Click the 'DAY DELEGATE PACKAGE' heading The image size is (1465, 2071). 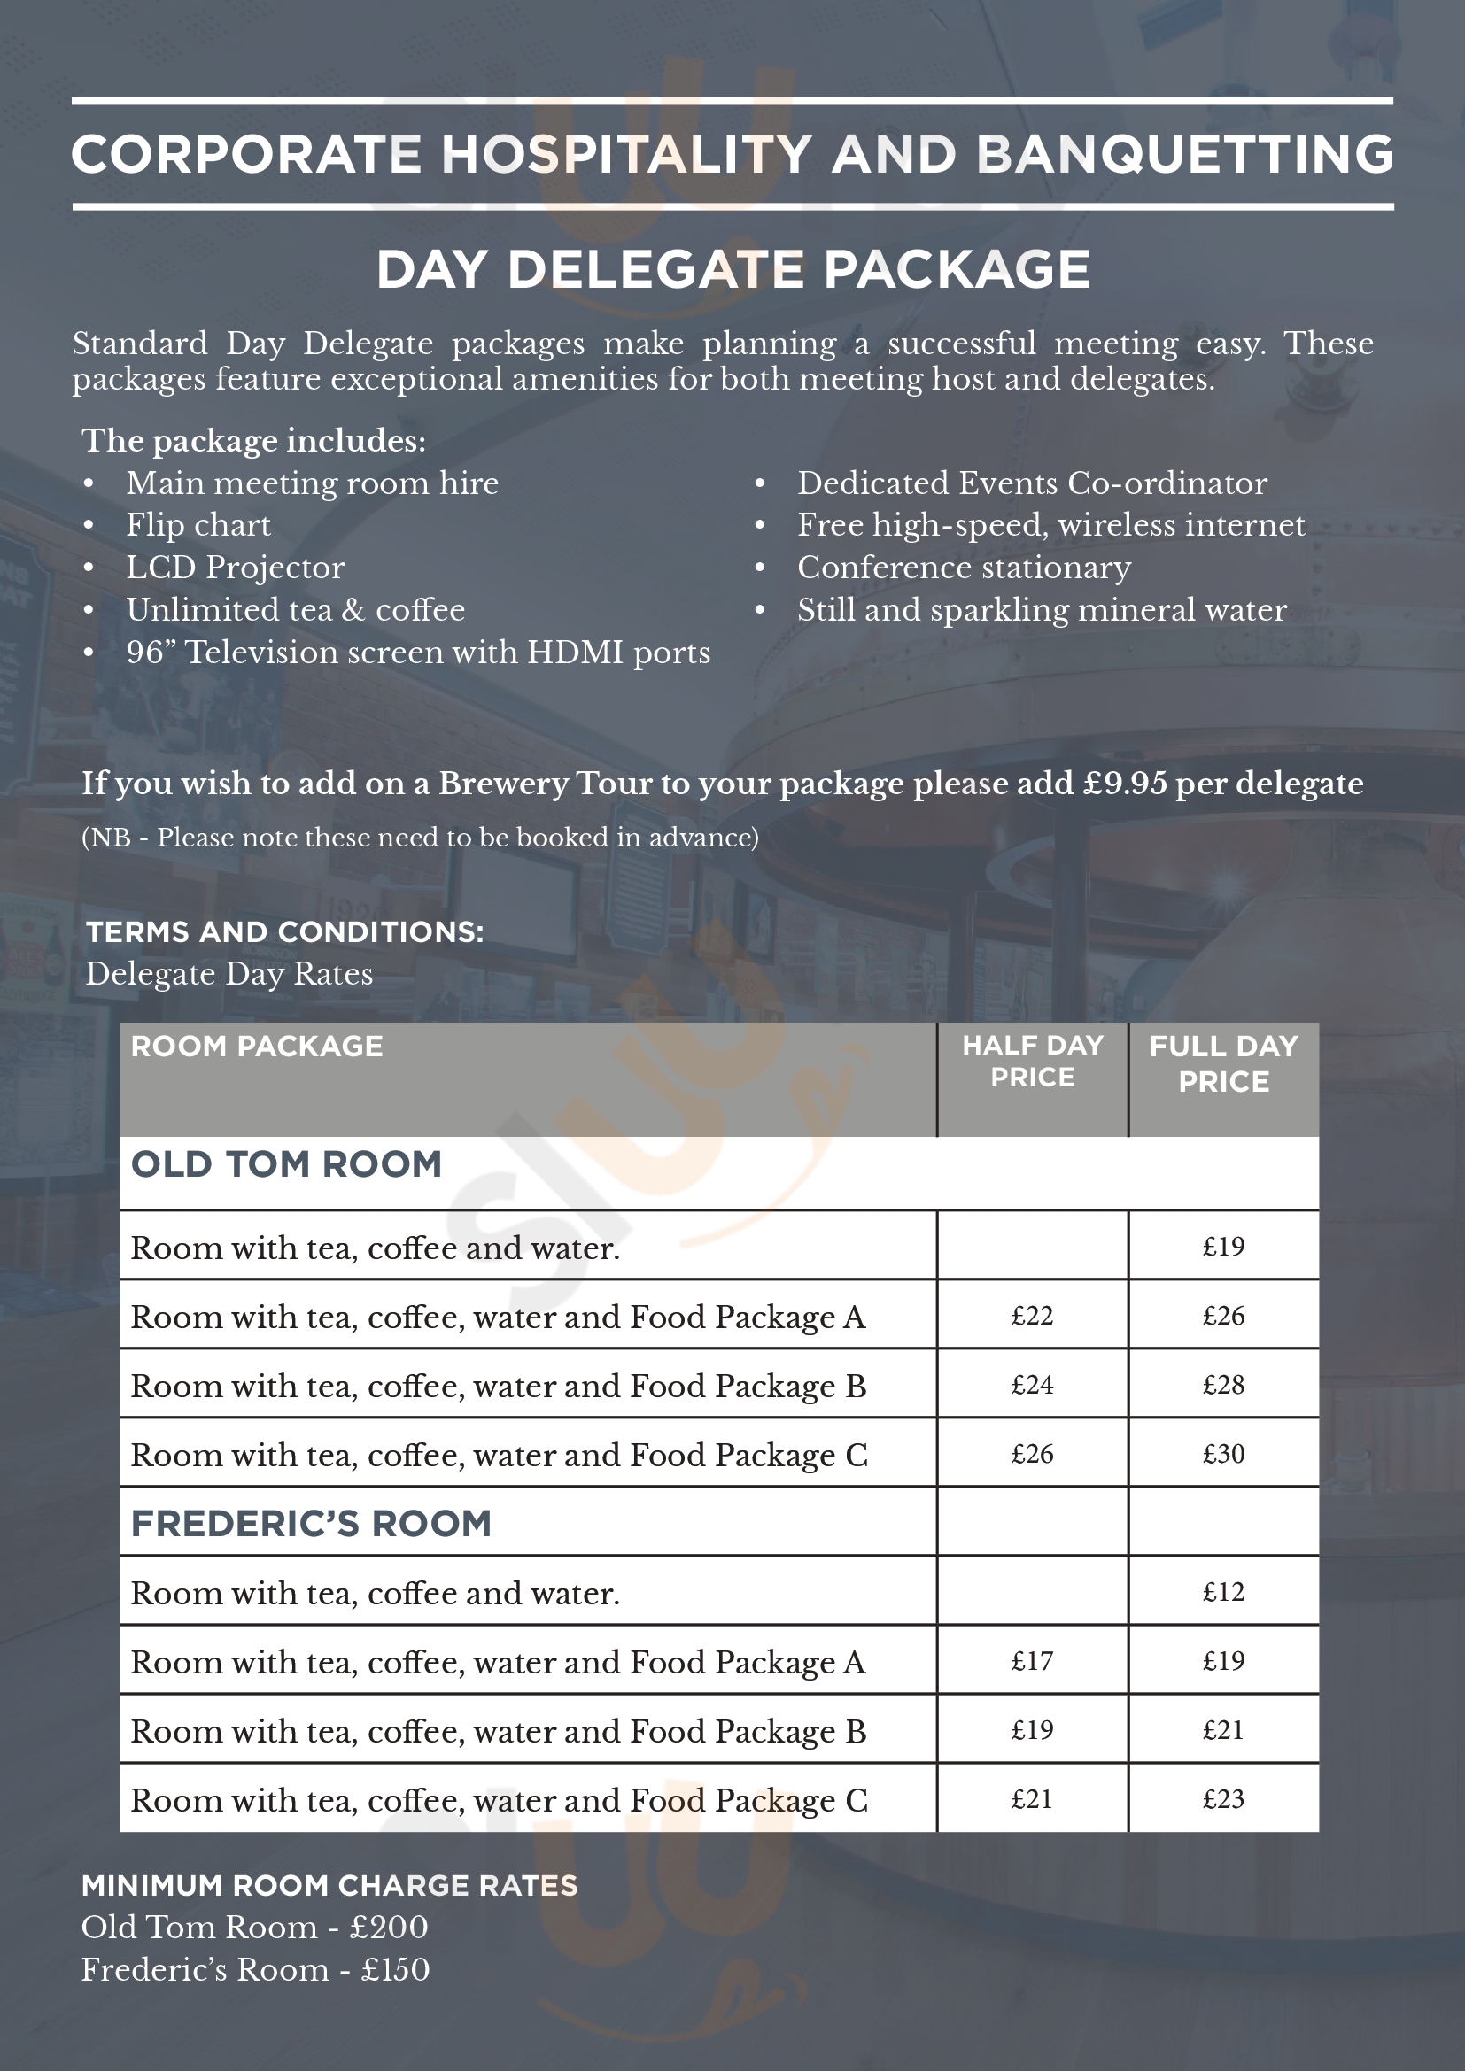coord(732,270)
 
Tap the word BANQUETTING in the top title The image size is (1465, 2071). coord(1184,154)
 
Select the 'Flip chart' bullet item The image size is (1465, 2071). coord(198,525)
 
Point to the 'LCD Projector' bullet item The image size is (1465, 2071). coord(235,568)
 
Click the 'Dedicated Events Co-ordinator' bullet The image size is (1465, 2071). coord(1031,483)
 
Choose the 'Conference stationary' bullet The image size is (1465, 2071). coord(964,568)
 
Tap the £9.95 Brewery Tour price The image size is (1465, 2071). coord(1125,783)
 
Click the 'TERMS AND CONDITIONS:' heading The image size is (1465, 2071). coord(284,931)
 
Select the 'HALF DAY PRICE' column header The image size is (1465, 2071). coord(1032,1061)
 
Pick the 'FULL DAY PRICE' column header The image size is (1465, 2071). coord(1223,1063)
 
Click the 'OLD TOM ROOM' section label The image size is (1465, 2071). coord(286,1163)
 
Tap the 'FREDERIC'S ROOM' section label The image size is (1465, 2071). coord(311,1524)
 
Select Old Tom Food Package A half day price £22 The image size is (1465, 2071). coord(1032,1316)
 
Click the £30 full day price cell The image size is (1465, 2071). coord(1223,1454)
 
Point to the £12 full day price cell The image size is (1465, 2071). coord(1223,1592)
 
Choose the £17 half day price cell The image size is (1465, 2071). coord(1032,1661)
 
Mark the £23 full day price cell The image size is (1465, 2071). coord(1223,1799)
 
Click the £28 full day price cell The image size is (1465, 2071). coord(1223,1385)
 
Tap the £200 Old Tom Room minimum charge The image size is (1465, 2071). coord(389,1927)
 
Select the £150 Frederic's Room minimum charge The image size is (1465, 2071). coord(395,1969)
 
